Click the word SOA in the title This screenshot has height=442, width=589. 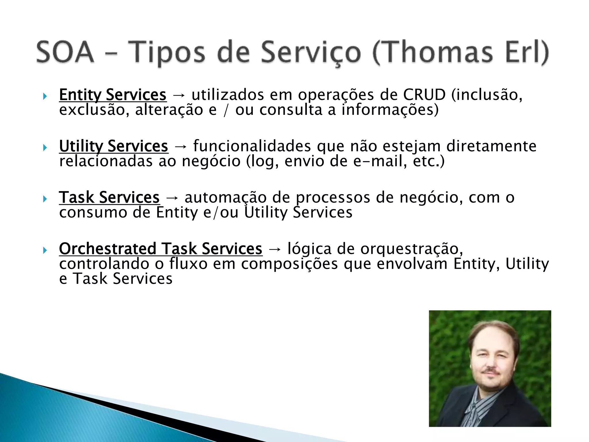point(65,52)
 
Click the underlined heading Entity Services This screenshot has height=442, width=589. point(112,95)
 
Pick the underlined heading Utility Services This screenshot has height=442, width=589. point(113,146)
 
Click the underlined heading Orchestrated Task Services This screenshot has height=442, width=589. point(160,249)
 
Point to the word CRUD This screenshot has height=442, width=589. point(424,95)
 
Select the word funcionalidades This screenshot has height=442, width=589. point(252,146)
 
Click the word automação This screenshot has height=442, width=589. point(225,197)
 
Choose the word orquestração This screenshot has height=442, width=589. point(412,249)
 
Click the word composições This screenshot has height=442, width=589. point(289,264)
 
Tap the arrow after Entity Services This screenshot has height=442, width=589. point(179,95)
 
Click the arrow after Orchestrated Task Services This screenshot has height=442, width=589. point(274,249)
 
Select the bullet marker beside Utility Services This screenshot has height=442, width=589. point(45,148)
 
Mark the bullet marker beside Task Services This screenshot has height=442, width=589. point(45,199)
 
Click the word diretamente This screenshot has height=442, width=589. point(491,146)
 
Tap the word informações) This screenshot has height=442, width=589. point(390,110)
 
